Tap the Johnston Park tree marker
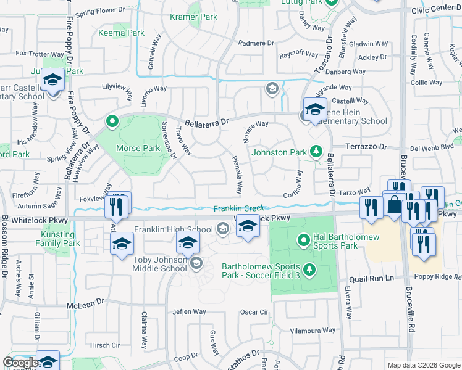tap(316, 151)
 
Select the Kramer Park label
tap(193, 17)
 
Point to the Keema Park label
tap(121, 33)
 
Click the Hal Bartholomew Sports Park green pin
tap(303, 239)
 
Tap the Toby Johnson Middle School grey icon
tap(196, 264)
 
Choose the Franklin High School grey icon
tap(223, 230)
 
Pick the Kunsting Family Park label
tap(61, 239)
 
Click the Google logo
tap(20, 363)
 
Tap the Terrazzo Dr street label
tap(365, 147)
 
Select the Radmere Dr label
tap(255, 43)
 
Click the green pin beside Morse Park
tap(112, 121)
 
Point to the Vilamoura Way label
tap(312, 331)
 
